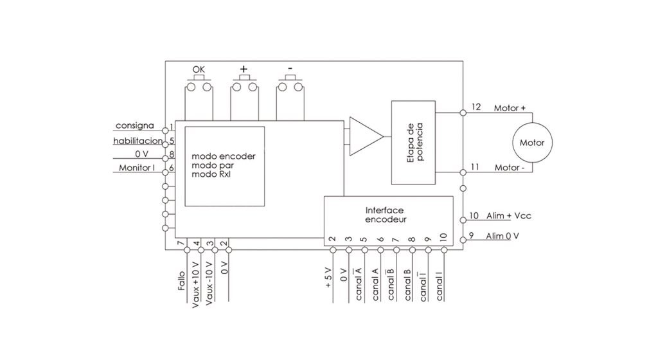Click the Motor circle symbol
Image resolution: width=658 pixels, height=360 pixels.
[x=531, y=142]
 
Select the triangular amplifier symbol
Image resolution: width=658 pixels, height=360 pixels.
[x=365, y=136]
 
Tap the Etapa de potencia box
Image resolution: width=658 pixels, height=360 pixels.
[x=413, y=141]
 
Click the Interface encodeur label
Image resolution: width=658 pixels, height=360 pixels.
[x=386, y=215]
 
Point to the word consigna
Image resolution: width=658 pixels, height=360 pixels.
[x=134, y=124]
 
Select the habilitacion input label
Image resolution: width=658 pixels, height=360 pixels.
[x=138, y=141]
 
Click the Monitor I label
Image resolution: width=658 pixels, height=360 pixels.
[x=137, y=168]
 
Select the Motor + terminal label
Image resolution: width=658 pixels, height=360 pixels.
[x=510, y=108]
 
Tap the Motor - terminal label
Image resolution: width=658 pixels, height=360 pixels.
[x=509, y=168]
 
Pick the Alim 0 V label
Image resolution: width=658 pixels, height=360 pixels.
[x=502, y=236]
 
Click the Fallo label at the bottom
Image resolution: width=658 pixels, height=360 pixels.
[x=182, y=281]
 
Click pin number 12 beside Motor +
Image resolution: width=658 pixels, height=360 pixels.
[x=476, y=107]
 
